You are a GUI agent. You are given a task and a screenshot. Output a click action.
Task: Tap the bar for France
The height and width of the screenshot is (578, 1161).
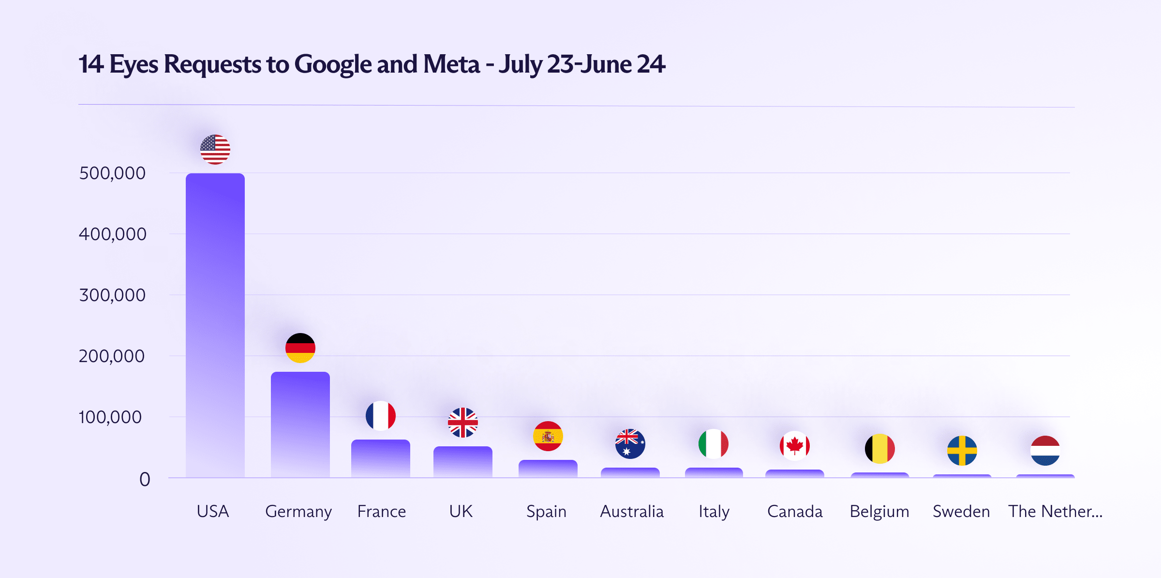pos(381,458)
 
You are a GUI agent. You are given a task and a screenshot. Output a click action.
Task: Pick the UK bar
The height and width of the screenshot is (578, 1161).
pos(463,461)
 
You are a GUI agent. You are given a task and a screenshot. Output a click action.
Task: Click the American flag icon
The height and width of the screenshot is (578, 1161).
pos(215,150)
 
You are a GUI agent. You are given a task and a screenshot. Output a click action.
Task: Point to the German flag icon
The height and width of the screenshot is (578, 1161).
pos(300,348)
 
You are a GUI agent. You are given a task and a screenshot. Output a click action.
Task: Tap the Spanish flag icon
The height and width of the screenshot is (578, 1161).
pos(548,436)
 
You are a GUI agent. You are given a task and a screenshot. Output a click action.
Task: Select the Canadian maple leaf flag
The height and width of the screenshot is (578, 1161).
pos(795,445)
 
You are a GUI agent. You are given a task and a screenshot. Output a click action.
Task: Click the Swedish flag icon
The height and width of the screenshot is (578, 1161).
pos(962,451)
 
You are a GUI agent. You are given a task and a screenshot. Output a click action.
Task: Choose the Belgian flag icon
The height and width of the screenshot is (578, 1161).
pos(880,449)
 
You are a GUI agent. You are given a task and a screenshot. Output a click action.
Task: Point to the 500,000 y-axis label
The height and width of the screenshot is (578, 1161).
pos(112,173)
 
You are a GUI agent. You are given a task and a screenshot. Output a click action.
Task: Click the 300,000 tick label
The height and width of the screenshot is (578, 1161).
pos(112,295)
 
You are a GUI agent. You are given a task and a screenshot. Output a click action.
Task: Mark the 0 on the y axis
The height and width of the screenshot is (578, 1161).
pos(145,480)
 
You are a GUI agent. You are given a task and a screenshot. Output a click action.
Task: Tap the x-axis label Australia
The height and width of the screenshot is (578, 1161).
pos(632,512)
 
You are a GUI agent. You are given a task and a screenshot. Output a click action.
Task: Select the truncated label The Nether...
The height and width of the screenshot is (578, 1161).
pos(1055,512)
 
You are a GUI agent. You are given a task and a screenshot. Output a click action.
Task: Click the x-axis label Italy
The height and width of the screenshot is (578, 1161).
pos(714,512)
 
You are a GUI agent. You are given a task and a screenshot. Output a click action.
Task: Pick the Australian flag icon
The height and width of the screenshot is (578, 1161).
pos(630,444)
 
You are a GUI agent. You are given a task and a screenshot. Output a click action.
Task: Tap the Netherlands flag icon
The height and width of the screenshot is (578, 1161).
pos(1045,451)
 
